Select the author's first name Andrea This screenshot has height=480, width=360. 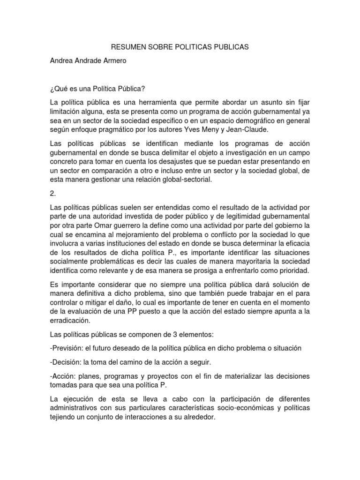[x=62, y=61]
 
